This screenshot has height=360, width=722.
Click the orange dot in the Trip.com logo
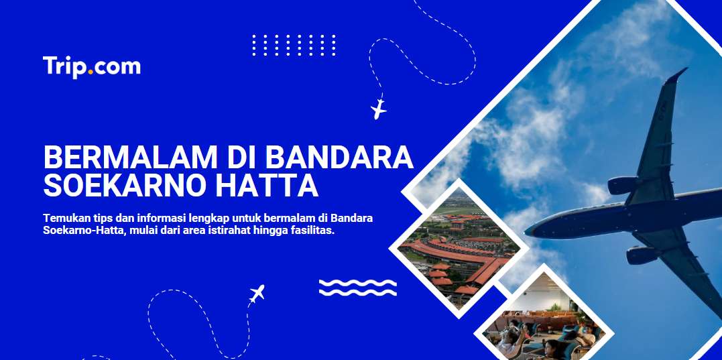pyautogui.click(x=91, y=72)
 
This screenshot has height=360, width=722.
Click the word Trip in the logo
pyautogui.click(x=65, y=67)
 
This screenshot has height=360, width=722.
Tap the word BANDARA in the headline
pyautogui.click(x=339, y=157)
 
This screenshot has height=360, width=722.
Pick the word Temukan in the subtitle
pyautogui.click(x=62, y=218)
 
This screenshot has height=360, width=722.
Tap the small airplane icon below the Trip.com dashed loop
pyautogui.click(x=379, y=109)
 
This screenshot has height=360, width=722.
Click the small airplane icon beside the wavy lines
pyautogui.click(x=257, y=294)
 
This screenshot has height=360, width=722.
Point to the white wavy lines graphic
pyautogui.click(x=358, y=288)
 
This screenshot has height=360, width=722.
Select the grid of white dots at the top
pyautogui.click(x=294, y=45)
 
